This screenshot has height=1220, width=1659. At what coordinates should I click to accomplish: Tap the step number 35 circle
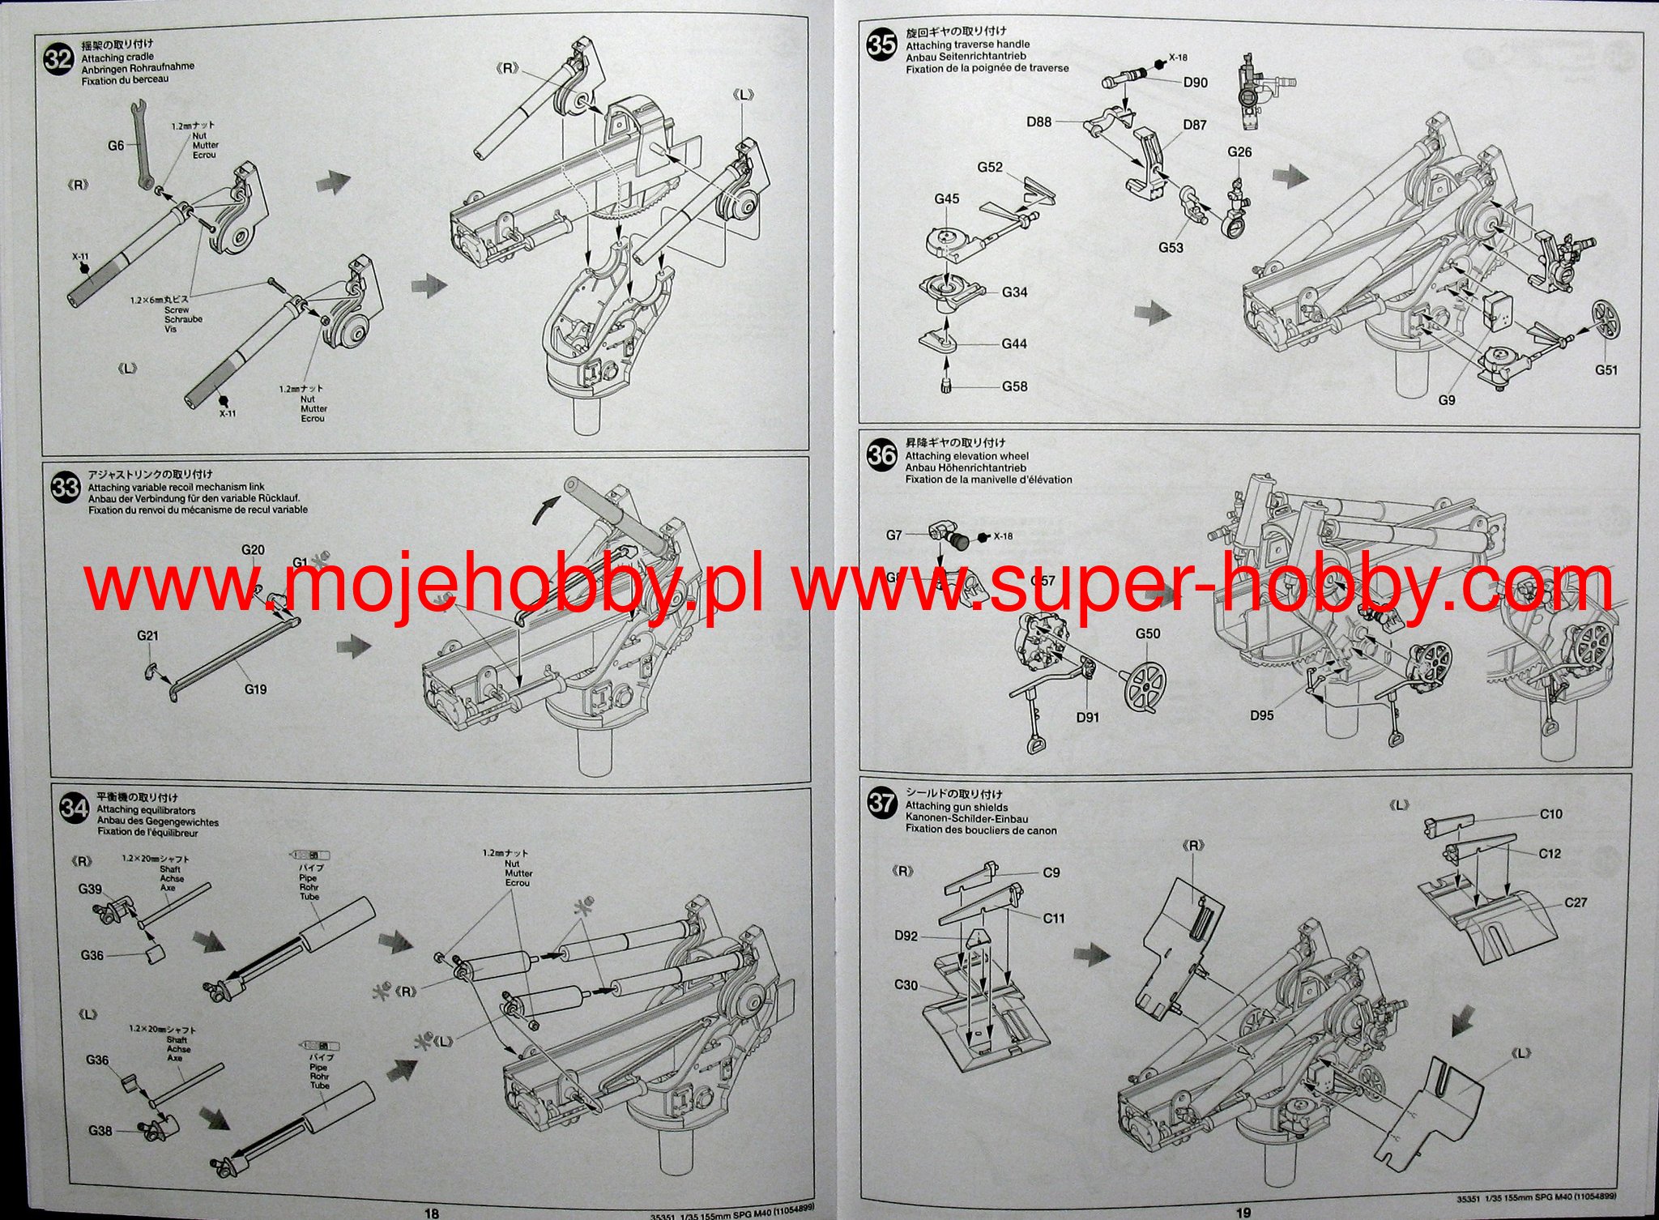pos(881,45)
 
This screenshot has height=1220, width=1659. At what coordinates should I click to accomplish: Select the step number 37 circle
pos(882,803)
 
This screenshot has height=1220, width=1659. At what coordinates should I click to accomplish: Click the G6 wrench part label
pos(117,145)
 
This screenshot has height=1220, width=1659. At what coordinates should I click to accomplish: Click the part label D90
pos(1195,82)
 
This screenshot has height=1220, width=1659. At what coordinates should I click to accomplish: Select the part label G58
pos(1014,386)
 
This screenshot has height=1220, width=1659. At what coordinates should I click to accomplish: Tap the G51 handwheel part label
pos(1606,369)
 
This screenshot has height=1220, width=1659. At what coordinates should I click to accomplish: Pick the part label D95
pos(1261,715)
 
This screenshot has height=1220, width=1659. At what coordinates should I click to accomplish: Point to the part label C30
pos(906,985)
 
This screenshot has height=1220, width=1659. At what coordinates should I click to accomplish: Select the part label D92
pos(906,936)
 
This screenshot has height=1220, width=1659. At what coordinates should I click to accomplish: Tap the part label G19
pos(255,689)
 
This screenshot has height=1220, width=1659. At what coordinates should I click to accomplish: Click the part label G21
pos(147,636)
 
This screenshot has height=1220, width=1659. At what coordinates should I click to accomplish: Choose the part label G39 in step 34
pos(90,889)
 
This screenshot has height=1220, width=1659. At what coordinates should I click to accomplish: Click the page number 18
pos(431,1212)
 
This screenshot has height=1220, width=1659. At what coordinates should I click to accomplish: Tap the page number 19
pos(1244,1212)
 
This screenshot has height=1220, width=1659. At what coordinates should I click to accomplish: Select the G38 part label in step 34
pos(100,1130)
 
